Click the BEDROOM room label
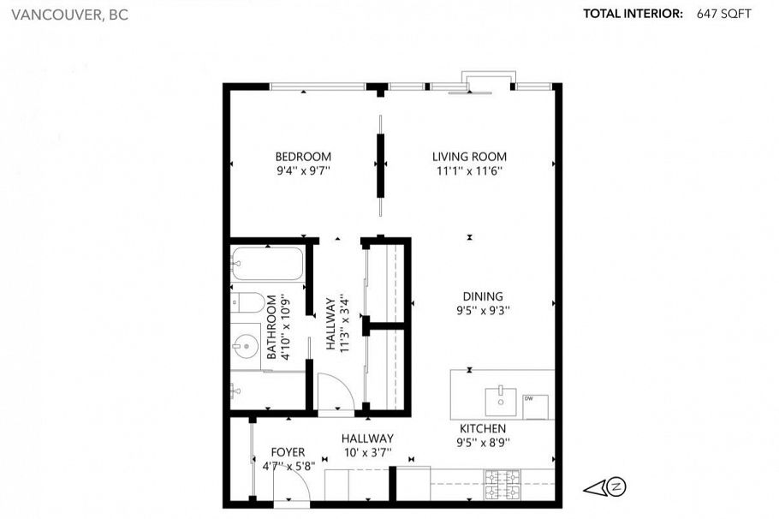(302, 157)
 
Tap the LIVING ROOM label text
(468, 157)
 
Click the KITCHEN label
(483, 428)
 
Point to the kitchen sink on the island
(499, 399)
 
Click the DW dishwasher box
(535, 407)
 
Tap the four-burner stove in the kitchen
(500, 485)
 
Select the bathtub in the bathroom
(267, 263)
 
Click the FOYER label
(288, 452)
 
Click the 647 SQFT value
(723, 14)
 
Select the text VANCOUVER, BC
(65, 15)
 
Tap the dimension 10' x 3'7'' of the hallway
(367, 451)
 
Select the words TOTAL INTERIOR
(633, 14)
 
